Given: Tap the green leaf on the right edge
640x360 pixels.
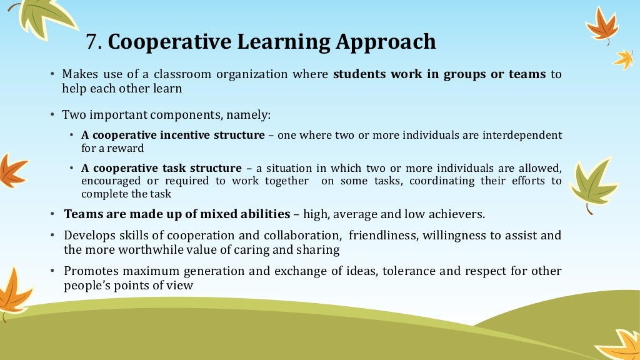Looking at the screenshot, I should pyautogui.click(x=592, y=182).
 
